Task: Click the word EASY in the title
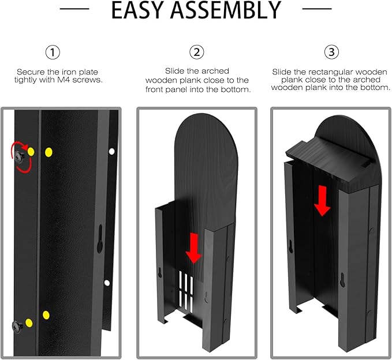pyautogui.click(x=138, y=10)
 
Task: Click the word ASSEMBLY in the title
pyautogui.click(x=226, y=10)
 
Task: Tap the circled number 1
pyautogui.click(x=53, y=52)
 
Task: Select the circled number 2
pyautogui.click(x=197, y=52)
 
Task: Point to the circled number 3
pyautogui.click(x=331, y=52)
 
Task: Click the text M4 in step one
pyautogui.click(x=66, y=80)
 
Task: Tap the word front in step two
pyautogui.click(x=156, y=89)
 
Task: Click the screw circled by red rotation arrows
pyautogui.click(x=20, y=157)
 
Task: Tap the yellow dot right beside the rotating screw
pyautogui.click(x=31, y=152)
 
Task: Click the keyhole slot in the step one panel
pyautogui.click(x=100, y=238)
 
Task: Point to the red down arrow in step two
pyautogui.click(x=194, y=249)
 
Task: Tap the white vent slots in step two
pyautogui.click(x=186, y=292)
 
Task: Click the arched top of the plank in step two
pyautogui.click(x=206, y=130)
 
